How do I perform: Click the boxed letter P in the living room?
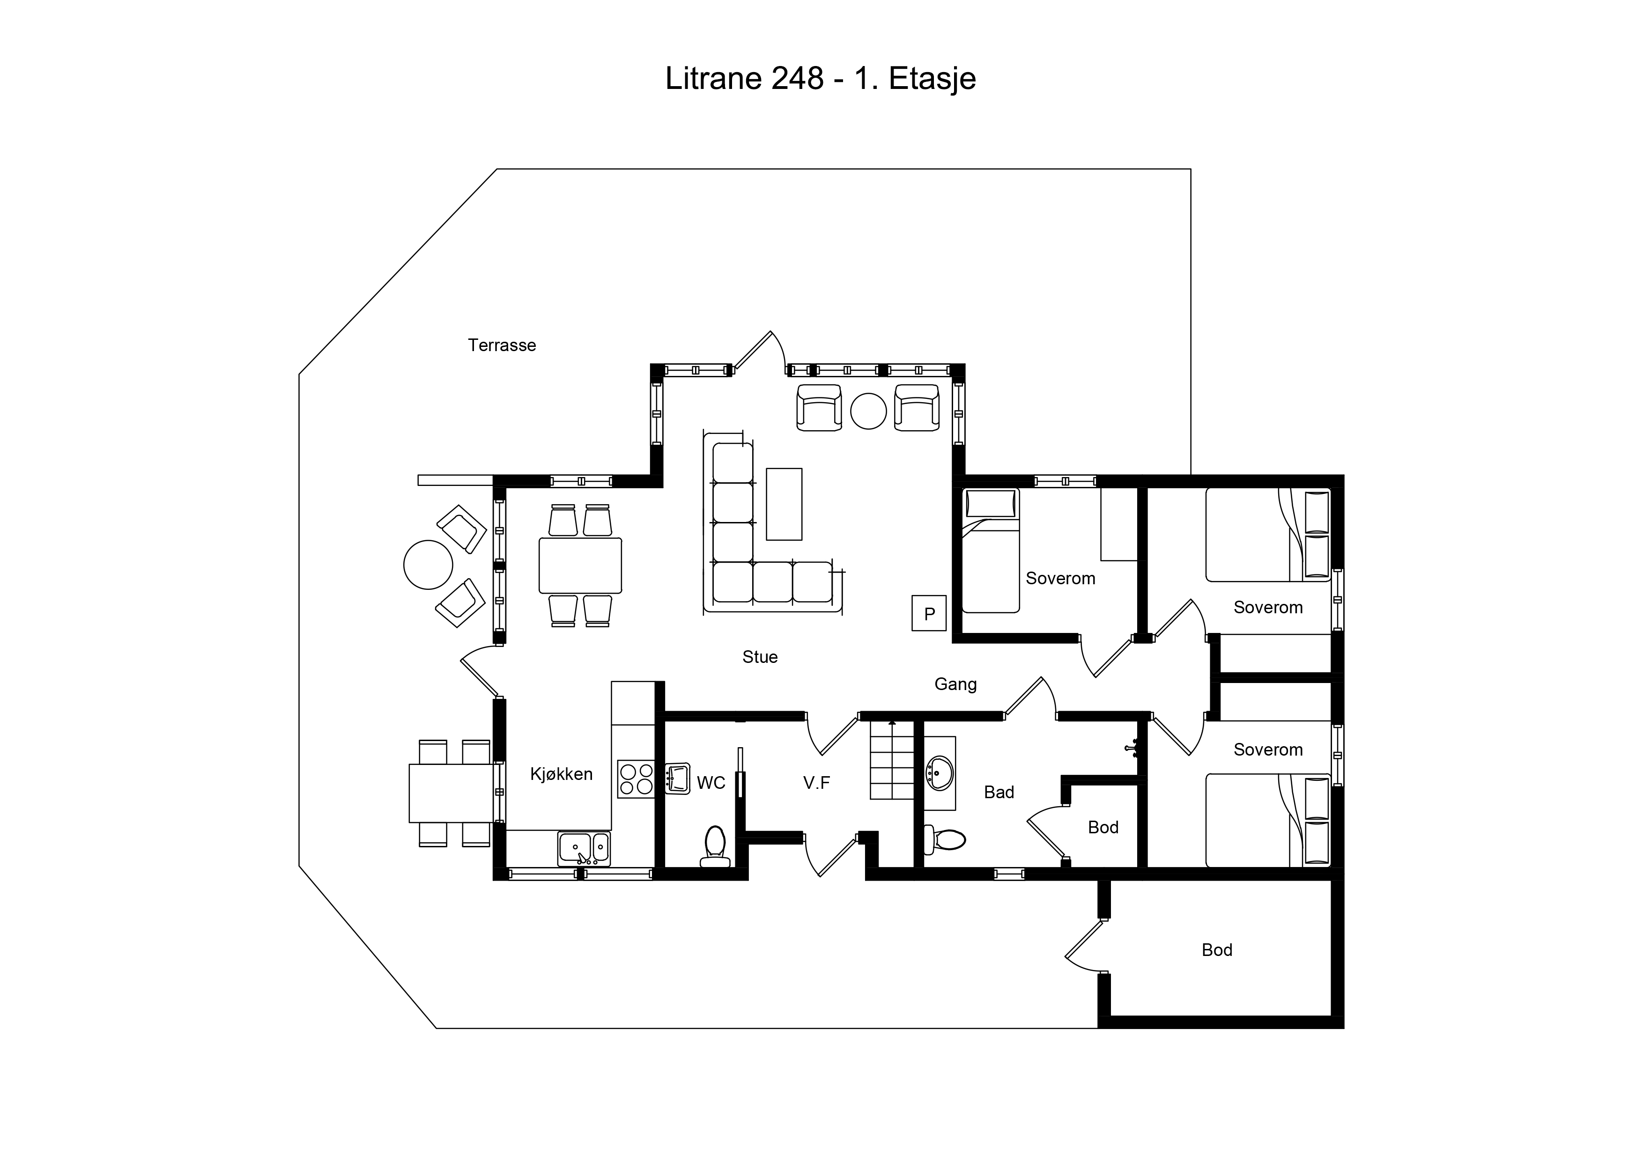click(929, 613)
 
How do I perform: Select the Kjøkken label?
click(561, 774)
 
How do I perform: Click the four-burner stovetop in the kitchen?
click(636, 779)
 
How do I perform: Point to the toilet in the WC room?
click(715, 846)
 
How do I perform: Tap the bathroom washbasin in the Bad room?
click(940, 773)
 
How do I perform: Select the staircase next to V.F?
click(892, 760)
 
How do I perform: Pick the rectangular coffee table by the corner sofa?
click(784, 504)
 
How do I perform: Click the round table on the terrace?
click(428, 565)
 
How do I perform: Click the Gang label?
click(955, 684)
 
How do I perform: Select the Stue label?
click(760, 657)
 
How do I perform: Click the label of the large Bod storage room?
click(1216, 950)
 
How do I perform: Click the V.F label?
click(816, 783)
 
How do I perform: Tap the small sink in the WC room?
click(677, 779)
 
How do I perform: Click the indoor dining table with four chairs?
click(580, 565)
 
